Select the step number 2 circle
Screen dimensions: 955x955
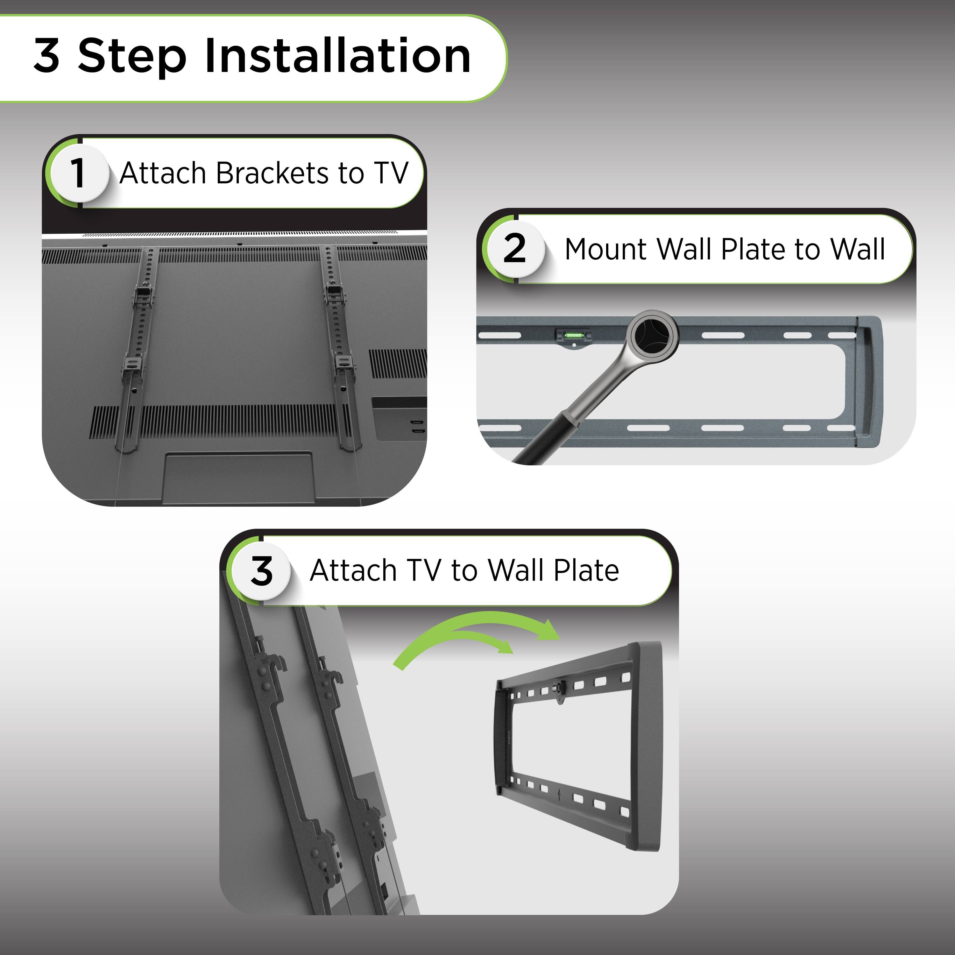click(514, 249)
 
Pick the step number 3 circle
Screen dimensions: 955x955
click(261, 571)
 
